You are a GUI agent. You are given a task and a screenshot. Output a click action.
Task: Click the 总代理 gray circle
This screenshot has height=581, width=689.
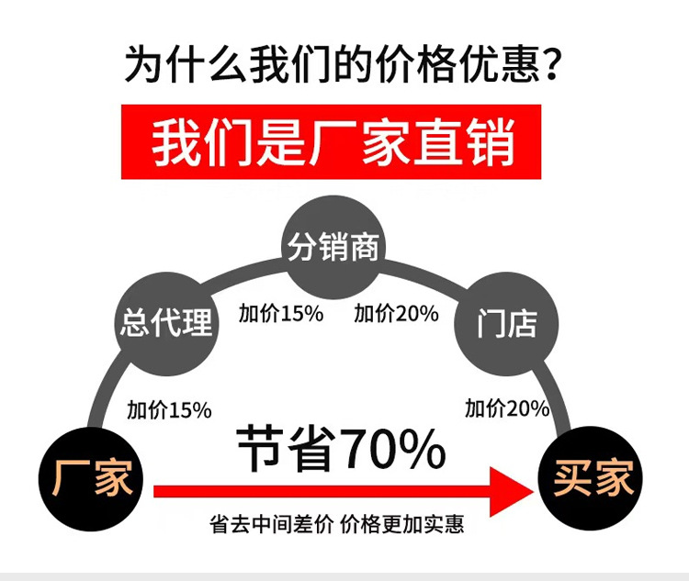pos(166,321)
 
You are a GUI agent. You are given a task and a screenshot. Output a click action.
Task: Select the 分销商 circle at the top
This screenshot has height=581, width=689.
pos(333,246)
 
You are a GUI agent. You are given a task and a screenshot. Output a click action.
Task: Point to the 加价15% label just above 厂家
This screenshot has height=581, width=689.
pos(169,409)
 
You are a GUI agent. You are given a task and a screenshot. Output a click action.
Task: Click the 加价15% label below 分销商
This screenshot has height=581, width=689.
pos(281,313)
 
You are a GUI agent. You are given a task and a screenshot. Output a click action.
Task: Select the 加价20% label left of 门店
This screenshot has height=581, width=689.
pos(397,313)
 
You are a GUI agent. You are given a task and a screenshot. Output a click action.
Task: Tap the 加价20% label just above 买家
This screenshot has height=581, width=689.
pos(506,408)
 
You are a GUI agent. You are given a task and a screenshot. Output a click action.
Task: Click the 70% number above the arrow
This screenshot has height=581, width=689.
pos(393,449)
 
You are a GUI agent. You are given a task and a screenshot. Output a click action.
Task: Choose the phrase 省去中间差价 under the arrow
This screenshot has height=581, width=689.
pos(271,525)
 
